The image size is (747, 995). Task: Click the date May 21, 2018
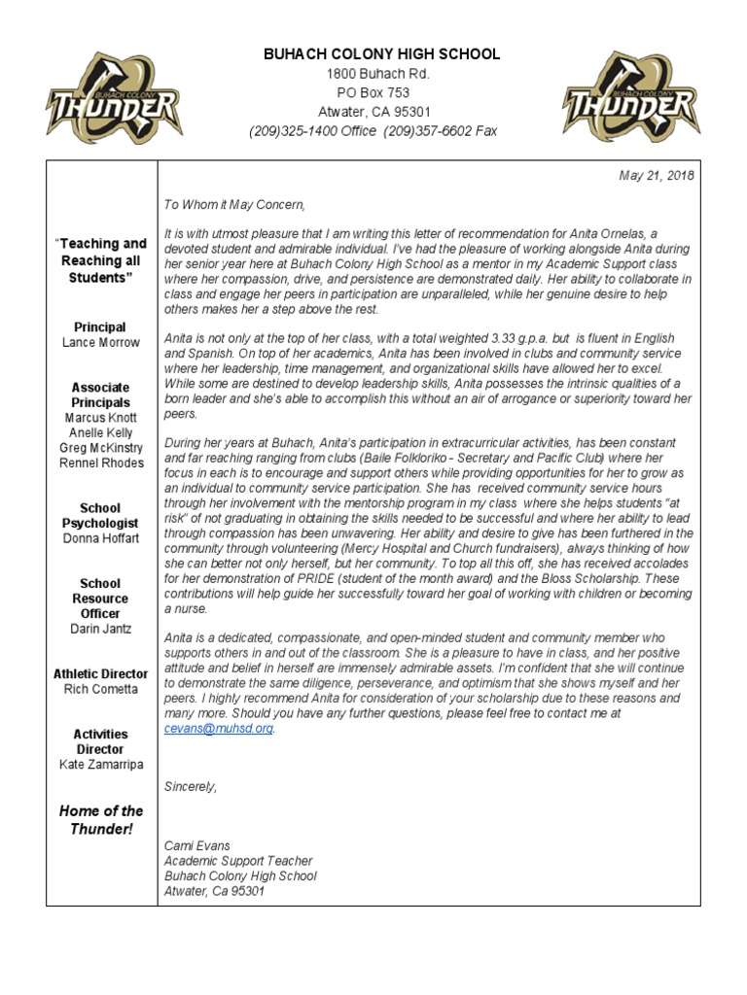tap(657, 175)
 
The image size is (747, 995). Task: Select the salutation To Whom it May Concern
tap(234, 205)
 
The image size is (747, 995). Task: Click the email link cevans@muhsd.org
tap(219, 728)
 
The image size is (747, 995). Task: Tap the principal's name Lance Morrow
tap(101, 342)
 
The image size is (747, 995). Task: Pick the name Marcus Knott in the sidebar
tap(101, 418)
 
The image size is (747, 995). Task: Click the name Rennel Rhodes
tap(101, 463)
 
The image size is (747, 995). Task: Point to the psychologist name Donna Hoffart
tap(101, 537)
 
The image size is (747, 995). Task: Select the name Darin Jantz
tap(101, 629)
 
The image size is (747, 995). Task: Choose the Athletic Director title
tap(101, 673)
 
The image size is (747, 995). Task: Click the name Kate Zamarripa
tap(101, 765)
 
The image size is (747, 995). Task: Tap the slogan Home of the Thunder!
tap(101, 819)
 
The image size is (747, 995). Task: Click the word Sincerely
tap(191, 786)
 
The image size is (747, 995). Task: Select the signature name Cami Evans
tap(198, 845)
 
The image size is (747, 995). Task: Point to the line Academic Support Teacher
tap(238, 861)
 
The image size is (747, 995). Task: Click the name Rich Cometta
tap(101, 689)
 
